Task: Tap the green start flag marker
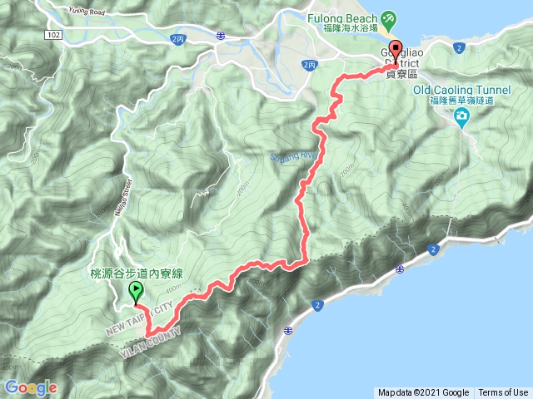[x=135, y=292]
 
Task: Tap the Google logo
[x=30, y=387]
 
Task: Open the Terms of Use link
[x=503, y=392]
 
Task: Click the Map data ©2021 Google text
[x=423, y=392]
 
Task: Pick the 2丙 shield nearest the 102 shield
[x=176, y=38]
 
